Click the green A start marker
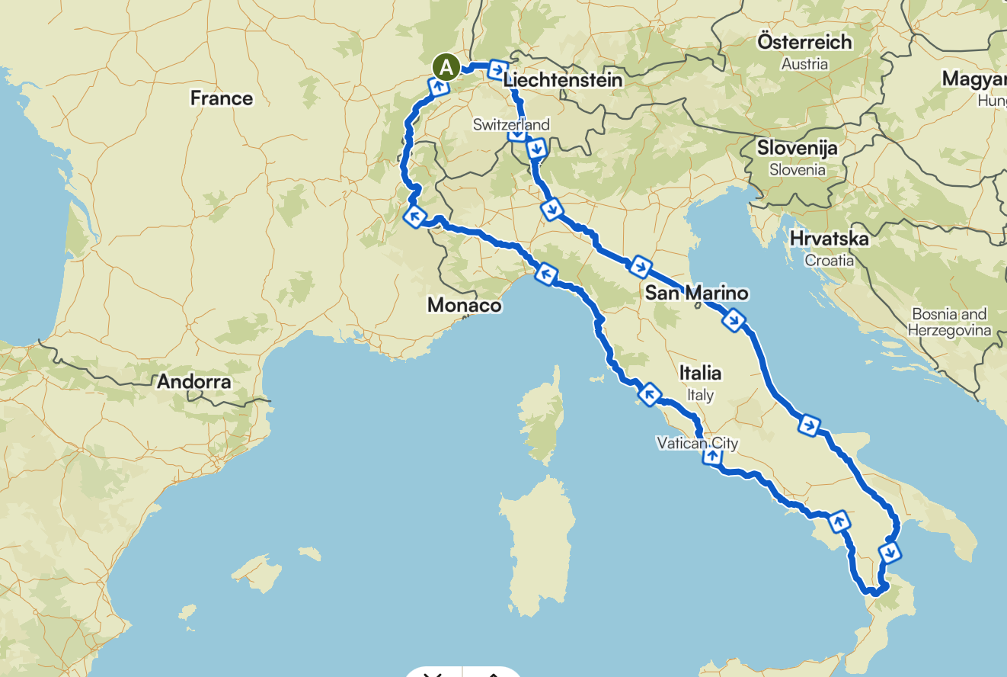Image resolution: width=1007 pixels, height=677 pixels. (446, 68)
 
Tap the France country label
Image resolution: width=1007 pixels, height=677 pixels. (221, 98)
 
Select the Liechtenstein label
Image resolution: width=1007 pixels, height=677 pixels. (563, 80)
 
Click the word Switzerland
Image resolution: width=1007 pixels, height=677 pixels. (510, 124)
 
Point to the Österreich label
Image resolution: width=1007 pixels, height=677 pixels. (804, 42)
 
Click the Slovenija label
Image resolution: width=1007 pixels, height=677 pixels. (797, 148)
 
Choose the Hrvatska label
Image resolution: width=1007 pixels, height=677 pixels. (829, 239)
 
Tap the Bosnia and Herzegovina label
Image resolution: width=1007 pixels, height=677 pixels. (949, 322)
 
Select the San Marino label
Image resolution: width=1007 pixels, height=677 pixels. (696, 293)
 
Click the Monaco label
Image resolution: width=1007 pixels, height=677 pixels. (464, 306)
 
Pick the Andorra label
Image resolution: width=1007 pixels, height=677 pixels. (193, 381)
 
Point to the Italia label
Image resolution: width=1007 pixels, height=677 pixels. (700, 373)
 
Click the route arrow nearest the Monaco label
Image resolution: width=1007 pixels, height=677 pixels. (545, 272)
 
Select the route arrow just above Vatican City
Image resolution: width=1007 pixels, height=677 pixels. (711, 456)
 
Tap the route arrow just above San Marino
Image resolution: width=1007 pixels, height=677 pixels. (640, 266)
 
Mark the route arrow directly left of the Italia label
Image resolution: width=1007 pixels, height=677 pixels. (649, 394)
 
